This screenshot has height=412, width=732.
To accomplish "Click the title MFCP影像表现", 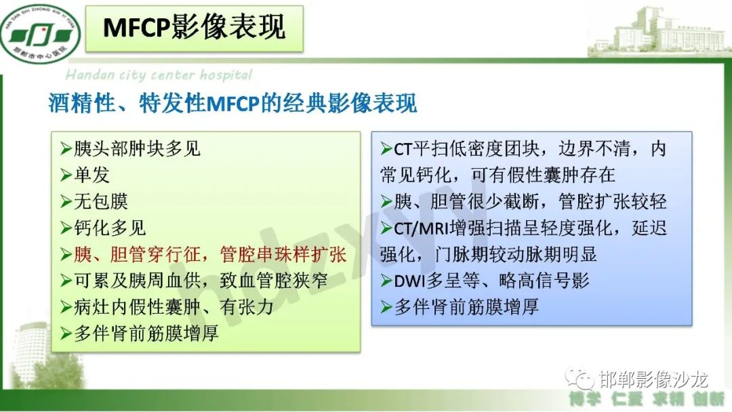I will tap(195, 27).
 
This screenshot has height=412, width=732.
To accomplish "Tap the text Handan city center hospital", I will tap(159, 75).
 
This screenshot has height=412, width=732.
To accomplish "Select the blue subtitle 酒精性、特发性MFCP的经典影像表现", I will tap(232, 104).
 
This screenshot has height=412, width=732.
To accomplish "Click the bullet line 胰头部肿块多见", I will tap(130, 148).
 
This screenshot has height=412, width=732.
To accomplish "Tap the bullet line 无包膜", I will tap(94, 201).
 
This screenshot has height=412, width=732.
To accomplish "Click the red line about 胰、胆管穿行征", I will tap(203, 254).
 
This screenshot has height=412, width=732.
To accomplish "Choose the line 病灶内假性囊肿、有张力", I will tap(167, 306).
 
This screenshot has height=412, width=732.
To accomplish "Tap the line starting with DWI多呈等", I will tap(485, 280).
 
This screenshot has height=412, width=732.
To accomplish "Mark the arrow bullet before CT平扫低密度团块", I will tap(386, 148).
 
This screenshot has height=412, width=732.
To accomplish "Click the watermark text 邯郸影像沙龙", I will tap(655, 375).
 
